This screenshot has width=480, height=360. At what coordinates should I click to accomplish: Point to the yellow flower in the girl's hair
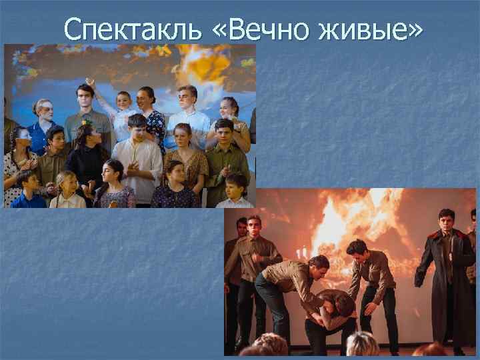[85, 123]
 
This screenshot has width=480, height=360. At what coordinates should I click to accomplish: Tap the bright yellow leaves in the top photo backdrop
[200, 63]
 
